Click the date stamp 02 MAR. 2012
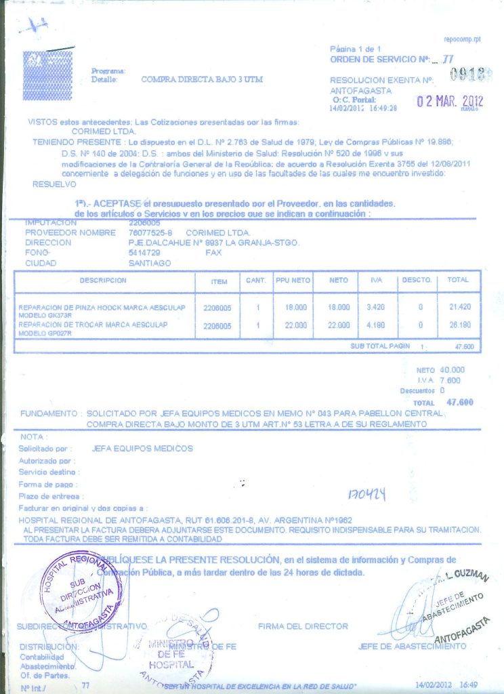[x=449, y=102]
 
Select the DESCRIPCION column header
[x=103, y=280]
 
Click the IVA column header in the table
[x=376, y=280]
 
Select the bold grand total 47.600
[x=460, y=402]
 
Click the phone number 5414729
[x=144, y=252]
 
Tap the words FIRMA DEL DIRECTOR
[x=303, y=626]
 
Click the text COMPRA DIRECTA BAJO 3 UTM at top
[x=202, y=79]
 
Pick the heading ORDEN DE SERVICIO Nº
[x=381, y=60]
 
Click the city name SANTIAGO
[x=150, y=262]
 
